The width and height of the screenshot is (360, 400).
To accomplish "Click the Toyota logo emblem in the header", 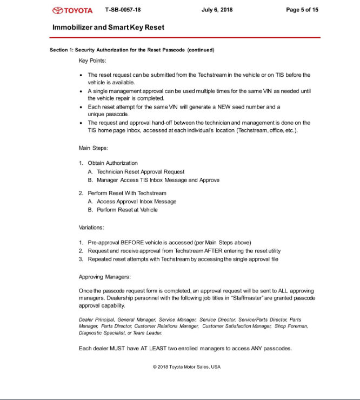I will coord(58,10).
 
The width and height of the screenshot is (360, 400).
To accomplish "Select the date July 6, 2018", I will coord(217,10).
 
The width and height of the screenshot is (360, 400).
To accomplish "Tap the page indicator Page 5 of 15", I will coord(302,10).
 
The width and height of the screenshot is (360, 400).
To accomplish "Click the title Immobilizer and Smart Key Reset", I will coord(109,27).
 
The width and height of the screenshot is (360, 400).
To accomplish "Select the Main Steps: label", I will coord(94,148).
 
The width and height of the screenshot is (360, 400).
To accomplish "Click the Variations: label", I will coord(92,228).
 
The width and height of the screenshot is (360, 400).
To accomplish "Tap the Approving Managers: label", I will coord(105,277).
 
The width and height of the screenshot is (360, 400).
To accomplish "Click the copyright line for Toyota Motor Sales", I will coord(186,367).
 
